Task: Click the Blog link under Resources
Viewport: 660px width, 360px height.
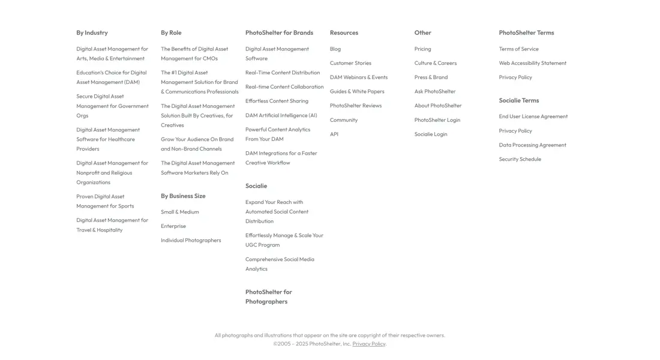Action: tap(335, 49)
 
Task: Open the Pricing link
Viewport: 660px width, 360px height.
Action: tap(422, 49)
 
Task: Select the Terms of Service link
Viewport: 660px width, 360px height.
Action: tap(518, 49)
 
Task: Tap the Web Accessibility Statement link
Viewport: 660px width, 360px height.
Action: tap(532, 63)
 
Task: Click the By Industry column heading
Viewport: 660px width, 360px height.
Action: tap(92, 33)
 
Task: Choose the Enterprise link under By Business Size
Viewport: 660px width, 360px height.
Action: tap(173, 226)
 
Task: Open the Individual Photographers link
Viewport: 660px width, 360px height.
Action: tap(191, 241)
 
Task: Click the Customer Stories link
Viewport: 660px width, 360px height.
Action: tap(350, 63)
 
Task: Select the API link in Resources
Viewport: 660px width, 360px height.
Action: tap(334, 134)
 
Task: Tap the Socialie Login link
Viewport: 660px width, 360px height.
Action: tap(430, 134)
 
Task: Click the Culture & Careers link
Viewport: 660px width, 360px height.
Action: tap(435, 63)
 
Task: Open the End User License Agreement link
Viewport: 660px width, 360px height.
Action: tap(533, 116)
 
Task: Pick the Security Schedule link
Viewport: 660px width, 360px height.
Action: tap(520, 160)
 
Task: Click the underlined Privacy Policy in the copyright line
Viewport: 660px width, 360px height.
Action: tap(368, 344)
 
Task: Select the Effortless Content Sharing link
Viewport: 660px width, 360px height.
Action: tap(277, 101)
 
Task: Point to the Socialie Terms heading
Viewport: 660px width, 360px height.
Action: tap(518, 101)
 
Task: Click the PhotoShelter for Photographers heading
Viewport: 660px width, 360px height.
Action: tap(268, 297)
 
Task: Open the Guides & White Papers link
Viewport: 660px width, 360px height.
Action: tap(357, 92)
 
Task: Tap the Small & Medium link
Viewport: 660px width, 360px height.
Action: tap(179, 212)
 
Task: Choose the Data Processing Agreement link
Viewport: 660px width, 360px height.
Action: tap(532, 145)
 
